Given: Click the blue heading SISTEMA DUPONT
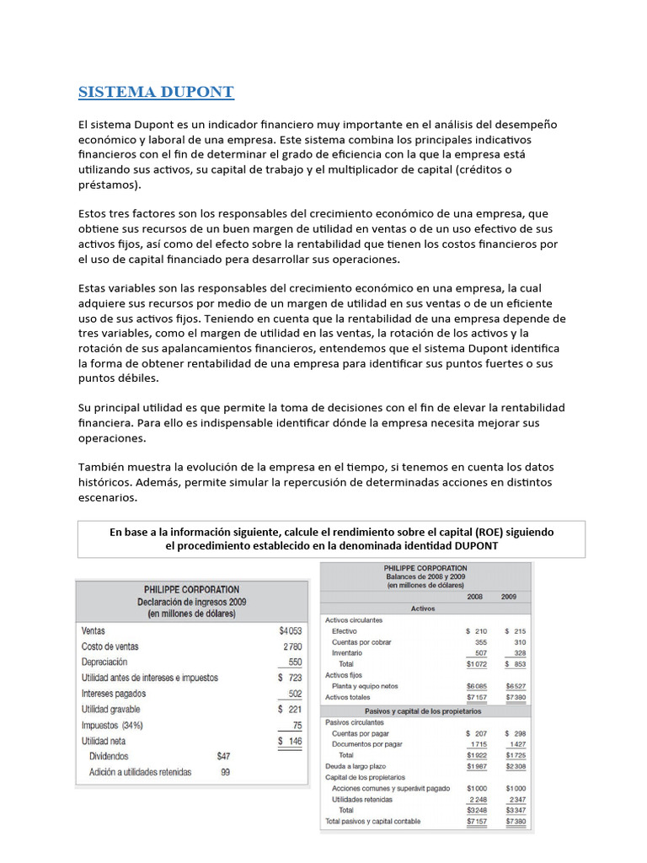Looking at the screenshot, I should click(156, 92).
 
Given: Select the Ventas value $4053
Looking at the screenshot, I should click(289, 630).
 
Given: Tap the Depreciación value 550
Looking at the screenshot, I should click(294, 662).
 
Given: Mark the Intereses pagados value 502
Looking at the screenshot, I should click(294, 694).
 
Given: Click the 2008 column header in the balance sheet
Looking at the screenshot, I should click(475, 596).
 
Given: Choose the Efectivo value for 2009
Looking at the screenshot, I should click(515, 630).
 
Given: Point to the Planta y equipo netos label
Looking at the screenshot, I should click(365, 686).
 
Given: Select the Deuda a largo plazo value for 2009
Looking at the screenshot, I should click(515, 766).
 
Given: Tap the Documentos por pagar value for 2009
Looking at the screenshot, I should click(516, 744).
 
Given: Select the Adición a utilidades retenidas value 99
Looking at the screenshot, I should click(225, 772).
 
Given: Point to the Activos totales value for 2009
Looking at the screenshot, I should click(515, 697).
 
